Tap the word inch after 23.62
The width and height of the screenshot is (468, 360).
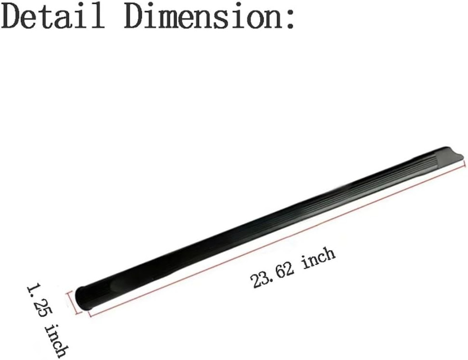point(318,258)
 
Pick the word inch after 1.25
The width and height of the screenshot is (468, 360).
point(56,340)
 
